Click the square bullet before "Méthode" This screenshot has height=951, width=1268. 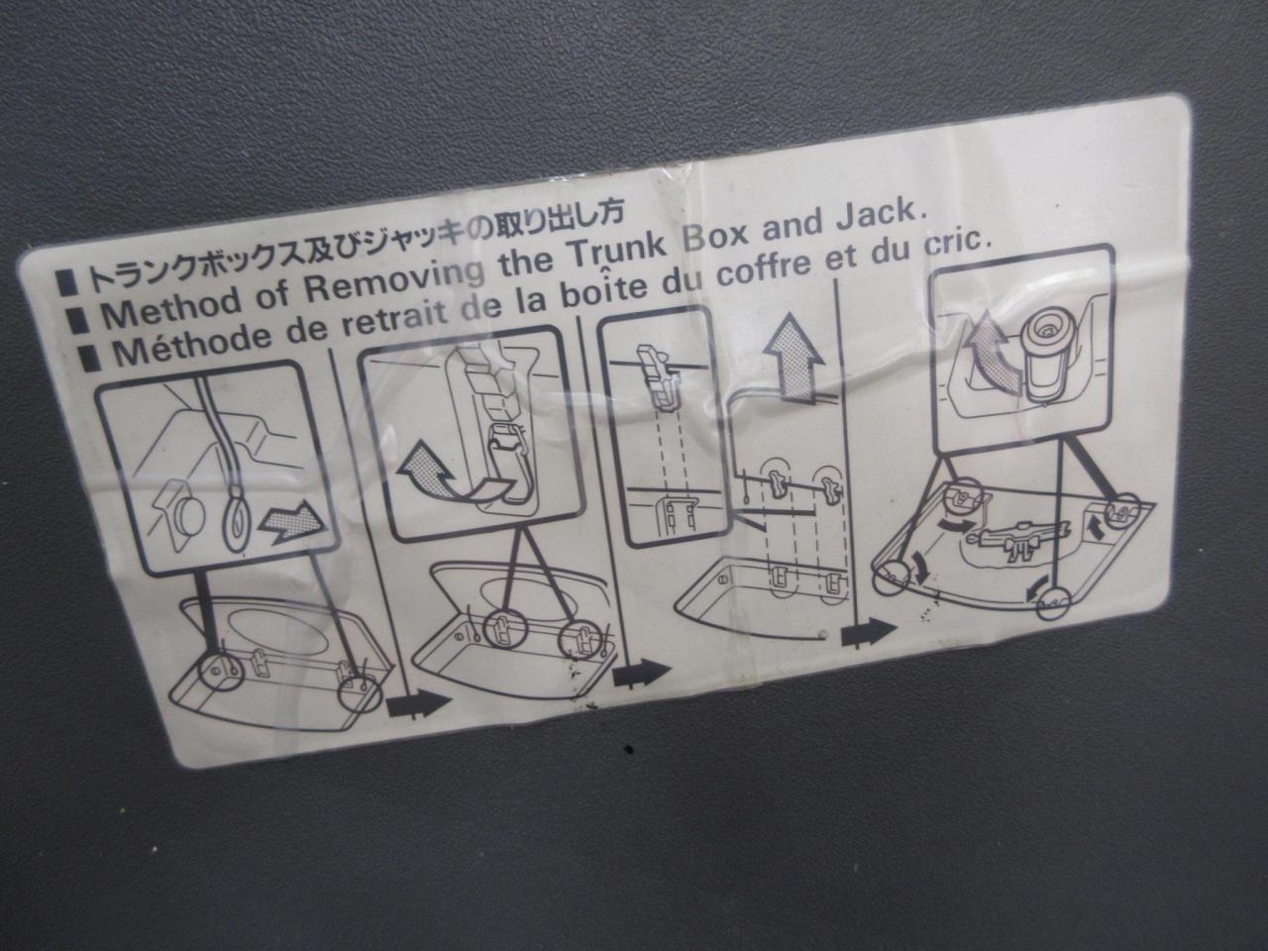91,358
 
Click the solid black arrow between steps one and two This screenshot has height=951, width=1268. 417,704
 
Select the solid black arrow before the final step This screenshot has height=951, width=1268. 868,633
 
